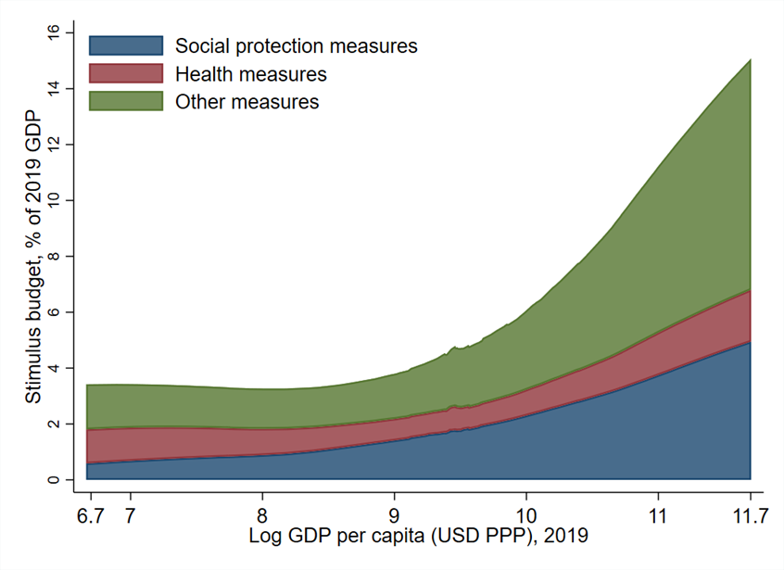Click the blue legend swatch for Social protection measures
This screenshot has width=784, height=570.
point(125,45)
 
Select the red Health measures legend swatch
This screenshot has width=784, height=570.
point(125,73)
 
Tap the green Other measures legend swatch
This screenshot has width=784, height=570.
point(125,101)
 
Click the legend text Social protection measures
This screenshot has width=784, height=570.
point(297,45)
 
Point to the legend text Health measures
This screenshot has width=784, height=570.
point(251,73)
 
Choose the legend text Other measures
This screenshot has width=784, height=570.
point(247,101)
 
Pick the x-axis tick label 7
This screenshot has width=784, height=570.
point(130,513)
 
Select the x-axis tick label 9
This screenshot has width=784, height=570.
point(394,513)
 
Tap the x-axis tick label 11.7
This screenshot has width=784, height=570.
point(750,513)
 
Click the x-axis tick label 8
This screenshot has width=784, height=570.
point(262,513)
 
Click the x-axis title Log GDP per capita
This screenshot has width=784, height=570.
point(418,536)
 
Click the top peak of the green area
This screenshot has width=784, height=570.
point(750,60)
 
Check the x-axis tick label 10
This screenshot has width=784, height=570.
point(525,513)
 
